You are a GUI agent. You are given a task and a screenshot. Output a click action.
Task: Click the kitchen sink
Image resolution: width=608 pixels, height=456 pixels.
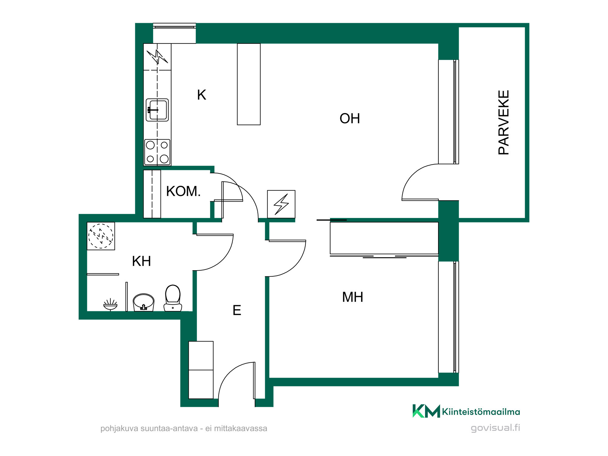(x=157, y=110)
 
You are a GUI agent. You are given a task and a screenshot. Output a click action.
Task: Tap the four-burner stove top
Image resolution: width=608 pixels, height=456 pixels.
(x=157, y=152)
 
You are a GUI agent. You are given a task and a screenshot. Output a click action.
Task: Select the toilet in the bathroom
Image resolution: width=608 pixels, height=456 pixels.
(x=173, y=298)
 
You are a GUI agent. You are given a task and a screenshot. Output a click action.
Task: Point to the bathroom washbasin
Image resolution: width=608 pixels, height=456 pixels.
(x=143, y=302)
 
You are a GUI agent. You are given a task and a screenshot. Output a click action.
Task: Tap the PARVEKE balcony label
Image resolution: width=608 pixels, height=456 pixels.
(x=504, y=122)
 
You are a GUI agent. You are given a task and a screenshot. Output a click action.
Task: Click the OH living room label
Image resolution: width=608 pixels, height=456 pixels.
(x=350, y=119)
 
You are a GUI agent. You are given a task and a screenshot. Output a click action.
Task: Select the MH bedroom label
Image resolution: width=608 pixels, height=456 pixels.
(x=353, y=297)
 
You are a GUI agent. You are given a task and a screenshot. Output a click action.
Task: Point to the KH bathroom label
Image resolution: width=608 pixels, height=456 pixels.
(x=141, y=261)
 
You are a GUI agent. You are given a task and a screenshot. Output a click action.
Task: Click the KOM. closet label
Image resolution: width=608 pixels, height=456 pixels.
(x=183, y=191)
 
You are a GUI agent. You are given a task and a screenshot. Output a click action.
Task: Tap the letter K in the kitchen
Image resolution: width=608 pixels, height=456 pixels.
(x=202, y=95)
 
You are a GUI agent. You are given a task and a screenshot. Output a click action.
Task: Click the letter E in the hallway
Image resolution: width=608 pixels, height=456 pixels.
(x=237, y=310)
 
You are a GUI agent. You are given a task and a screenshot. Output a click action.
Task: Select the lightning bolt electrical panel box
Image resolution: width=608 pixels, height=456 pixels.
(x=281, y=204)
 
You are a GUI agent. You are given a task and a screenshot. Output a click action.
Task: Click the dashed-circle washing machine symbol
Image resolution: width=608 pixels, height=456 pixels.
(x=101, y=236)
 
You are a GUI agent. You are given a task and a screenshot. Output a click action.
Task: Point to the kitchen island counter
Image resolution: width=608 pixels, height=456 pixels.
(x=249, y=84)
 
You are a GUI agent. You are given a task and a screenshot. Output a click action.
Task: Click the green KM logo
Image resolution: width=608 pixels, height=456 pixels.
(x=426, y=411)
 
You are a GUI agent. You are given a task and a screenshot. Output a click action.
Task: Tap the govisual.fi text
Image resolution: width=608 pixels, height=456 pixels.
(x=495, y=428)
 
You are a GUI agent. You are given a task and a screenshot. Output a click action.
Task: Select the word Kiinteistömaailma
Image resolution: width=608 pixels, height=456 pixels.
(x=481, y=412)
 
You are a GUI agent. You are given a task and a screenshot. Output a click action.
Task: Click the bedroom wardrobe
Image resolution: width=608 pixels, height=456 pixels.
(x=384, y=238)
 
